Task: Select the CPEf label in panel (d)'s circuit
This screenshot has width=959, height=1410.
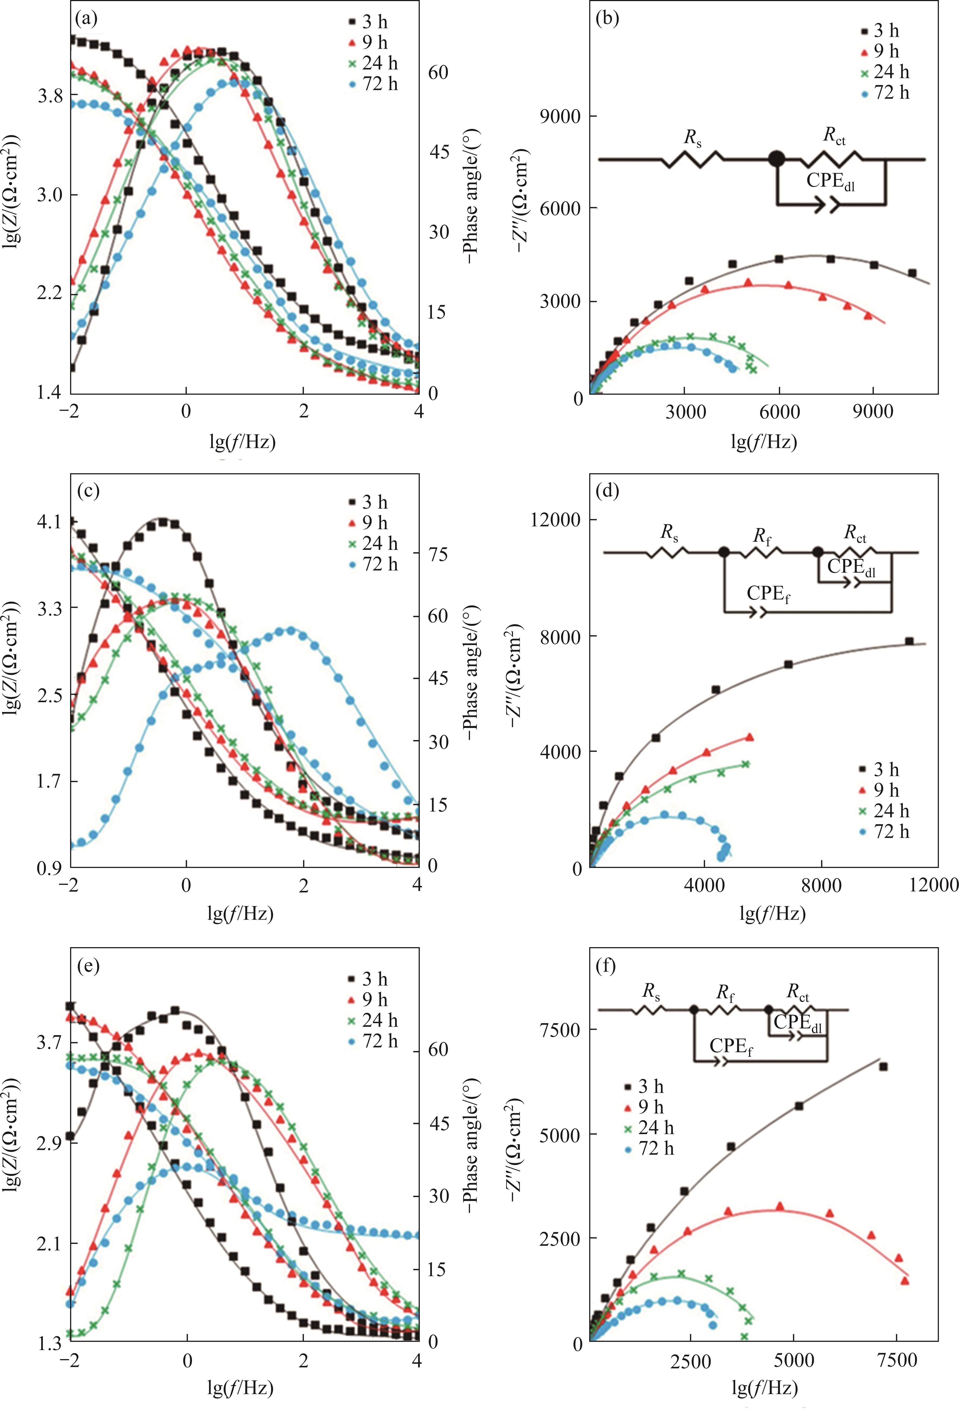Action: tap(768, 594)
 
